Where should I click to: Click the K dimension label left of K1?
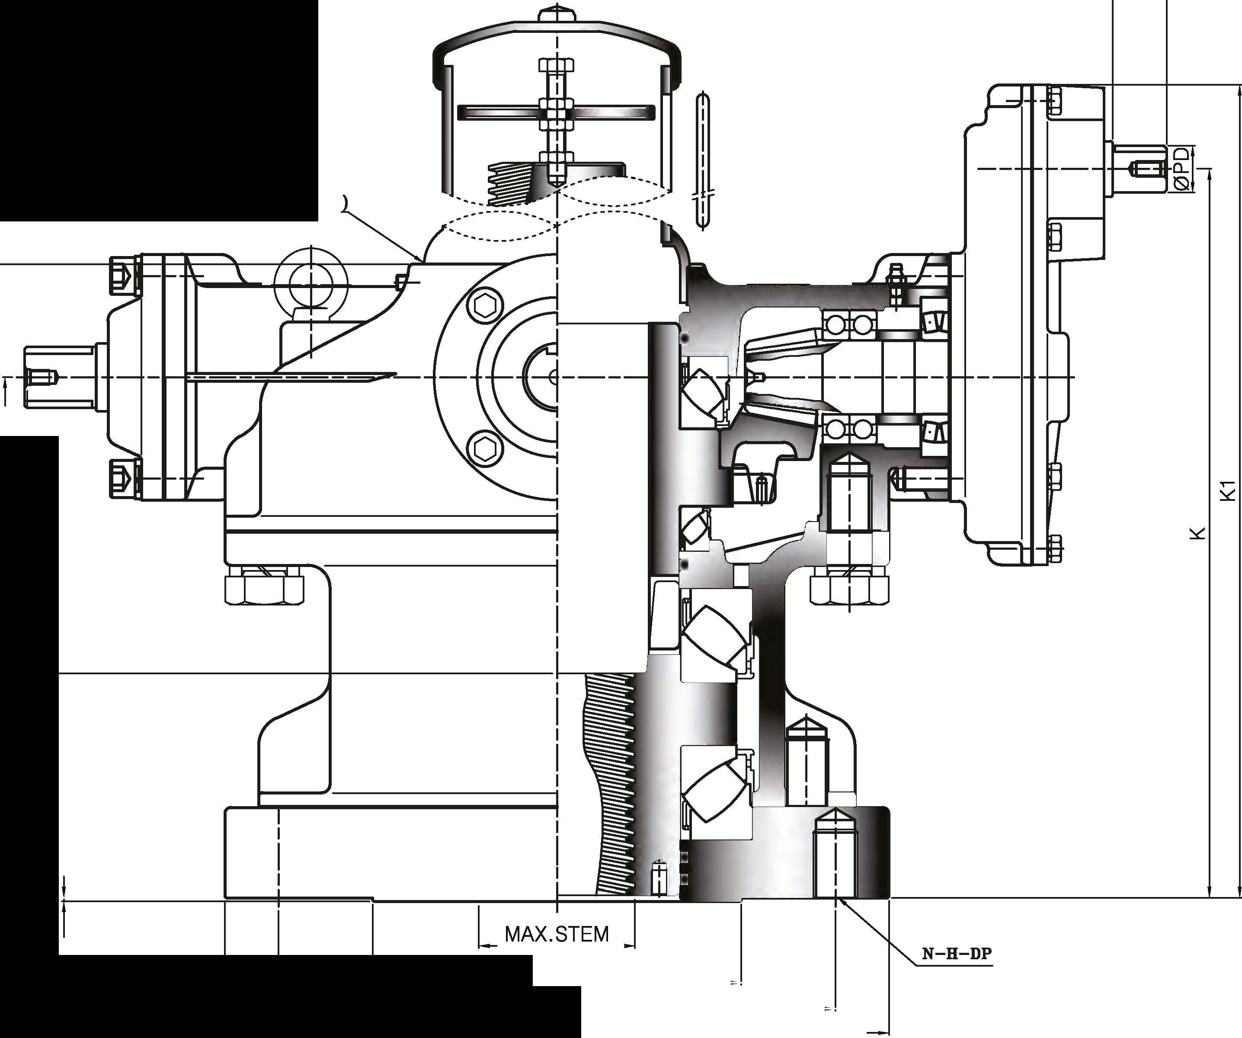pos(1197,533)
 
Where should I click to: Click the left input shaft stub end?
pos(59,377)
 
